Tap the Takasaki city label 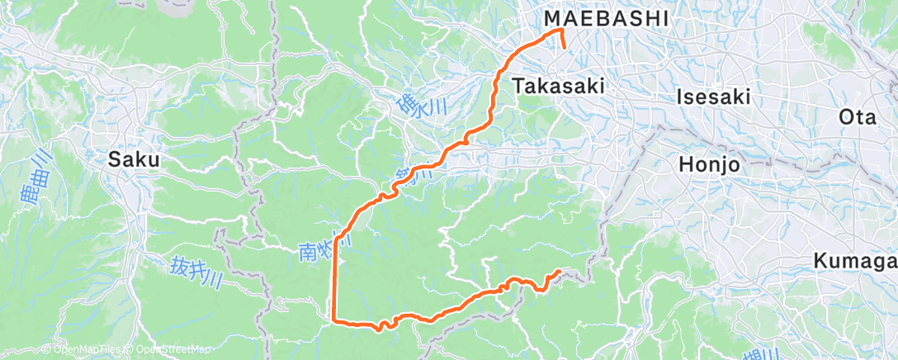559,85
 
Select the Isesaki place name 713,97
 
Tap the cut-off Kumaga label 855,261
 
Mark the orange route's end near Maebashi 564,48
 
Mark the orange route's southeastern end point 560,271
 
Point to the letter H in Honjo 686,163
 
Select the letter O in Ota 845,117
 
